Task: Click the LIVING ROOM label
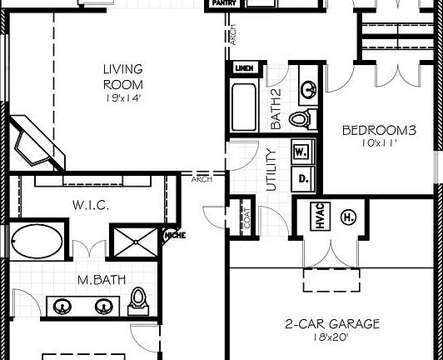(x=122, y=77)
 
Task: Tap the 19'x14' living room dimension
(x=122, y=97)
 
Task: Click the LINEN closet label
(x=244, y=68)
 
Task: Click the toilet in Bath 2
(x=301, y=118)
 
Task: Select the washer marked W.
(x=301, y=152)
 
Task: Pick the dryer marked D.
(x=301, y=177)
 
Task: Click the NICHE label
(x=175, y=236)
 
